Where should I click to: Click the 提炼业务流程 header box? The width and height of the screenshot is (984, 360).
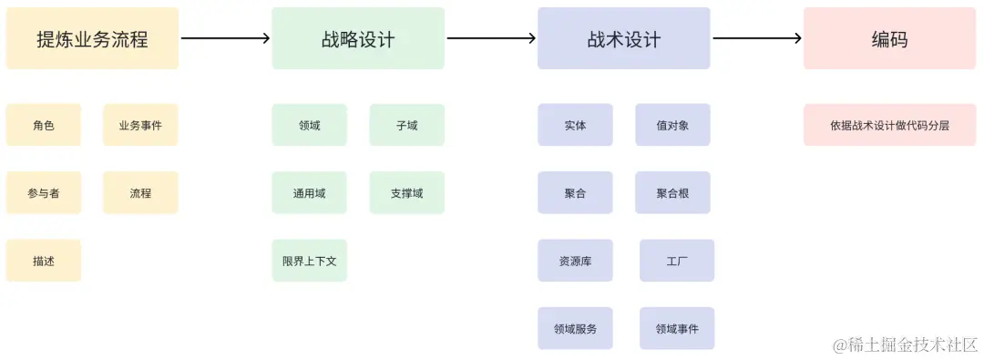pos(92,39)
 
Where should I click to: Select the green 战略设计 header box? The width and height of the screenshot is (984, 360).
pos(358,39)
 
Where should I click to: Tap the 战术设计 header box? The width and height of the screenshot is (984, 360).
pos(624,39)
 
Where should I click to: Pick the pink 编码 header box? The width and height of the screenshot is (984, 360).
pos(889,39)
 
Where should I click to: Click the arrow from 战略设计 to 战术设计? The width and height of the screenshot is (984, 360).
pos(491,38)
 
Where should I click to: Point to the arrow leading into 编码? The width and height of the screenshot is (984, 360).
pos(756,38)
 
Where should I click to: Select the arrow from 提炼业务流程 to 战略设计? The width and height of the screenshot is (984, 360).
pos(225,38)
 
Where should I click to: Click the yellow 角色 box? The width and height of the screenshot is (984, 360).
pos(44,125)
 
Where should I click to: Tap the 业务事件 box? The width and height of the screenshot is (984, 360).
pos(140,125)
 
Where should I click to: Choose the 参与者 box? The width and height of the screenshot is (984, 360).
pos(44,193)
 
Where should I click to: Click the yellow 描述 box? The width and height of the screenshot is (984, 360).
pos(44,261)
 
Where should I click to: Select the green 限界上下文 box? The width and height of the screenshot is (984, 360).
pos(309,261)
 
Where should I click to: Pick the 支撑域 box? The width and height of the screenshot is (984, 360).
pos(406,193)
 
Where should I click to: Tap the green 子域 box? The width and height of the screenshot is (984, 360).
pos(406,125)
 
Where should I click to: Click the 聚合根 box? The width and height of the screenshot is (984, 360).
pos(672,193)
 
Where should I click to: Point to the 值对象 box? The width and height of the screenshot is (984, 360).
pos(672,125)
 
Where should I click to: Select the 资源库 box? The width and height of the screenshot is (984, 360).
pos(575,261)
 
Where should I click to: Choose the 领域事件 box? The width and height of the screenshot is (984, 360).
pos(677,328)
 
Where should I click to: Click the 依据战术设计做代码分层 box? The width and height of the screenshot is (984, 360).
pos(889,125)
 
